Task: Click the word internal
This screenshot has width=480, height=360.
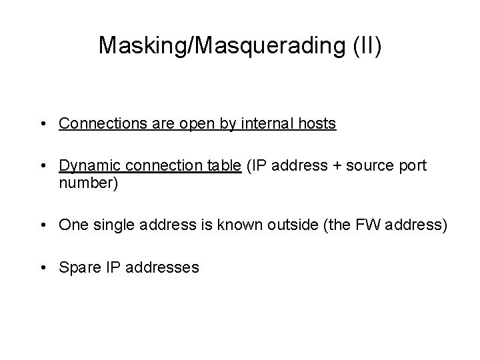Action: point(275,124)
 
